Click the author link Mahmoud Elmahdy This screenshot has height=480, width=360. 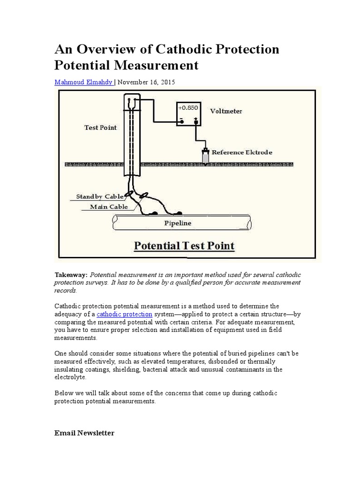83,82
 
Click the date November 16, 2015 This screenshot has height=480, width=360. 146,82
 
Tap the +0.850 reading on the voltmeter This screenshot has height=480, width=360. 188,108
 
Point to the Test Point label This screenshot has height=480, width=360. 100,127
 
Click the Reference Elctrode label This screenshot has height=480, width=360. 242,152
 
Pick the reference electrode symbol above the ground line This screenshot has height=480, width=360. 205,156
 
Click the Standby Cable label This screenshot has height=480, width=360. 100,197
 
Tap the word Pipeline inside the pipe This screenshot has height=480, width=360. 178,223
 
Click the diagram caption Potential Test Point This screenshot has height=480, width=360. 184,246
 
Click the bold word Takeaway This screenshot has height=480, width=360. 70,275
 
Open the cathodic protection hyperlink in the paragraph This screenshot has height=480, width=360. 124,314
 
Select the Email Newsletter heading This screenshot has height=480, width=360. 84,433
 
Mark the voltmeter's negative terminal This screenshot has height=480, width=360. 180,122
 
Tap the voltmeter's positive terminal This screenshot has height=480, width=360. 196,122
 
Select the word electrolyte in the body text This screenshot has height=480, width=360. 71,377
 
